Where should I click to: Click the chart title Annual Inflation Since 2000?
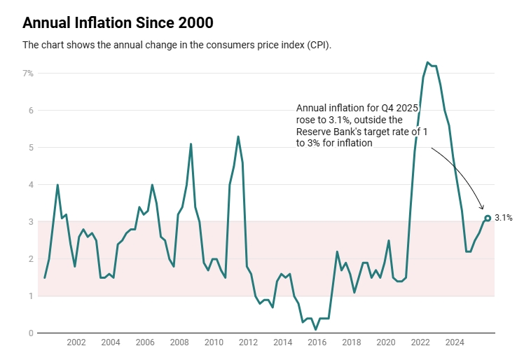(118, 22)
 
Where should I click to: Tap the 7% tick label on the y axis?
(27, 73)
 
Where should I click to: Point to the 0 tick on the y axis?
(30, 333)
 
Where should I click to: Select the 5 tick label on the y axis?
(30, 148)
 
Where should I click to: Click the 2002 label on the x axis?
(76, 343)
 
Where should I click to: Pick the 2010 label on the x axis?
(214, 343)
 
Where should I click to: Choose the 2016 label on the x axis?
(317, 343)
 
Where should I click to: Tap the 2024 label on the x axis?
(455, 343)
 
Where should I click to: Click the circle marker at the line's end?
(488, 218)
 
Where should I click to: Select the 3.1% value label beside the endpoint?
(504, 218)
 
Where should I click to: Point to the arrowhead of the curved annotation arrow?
(482, 208)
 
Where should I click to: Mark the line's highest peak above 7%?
(427, 62)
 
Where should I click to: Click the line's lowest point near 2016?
(316, 329)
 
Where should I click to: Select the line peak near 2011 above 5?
(238, 137)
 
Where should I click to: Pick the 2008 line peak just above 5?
(191, 144)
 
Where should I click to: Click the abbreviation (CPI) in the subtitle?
(318, 45)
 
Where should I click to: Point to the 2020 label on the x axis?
(385, 343)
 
